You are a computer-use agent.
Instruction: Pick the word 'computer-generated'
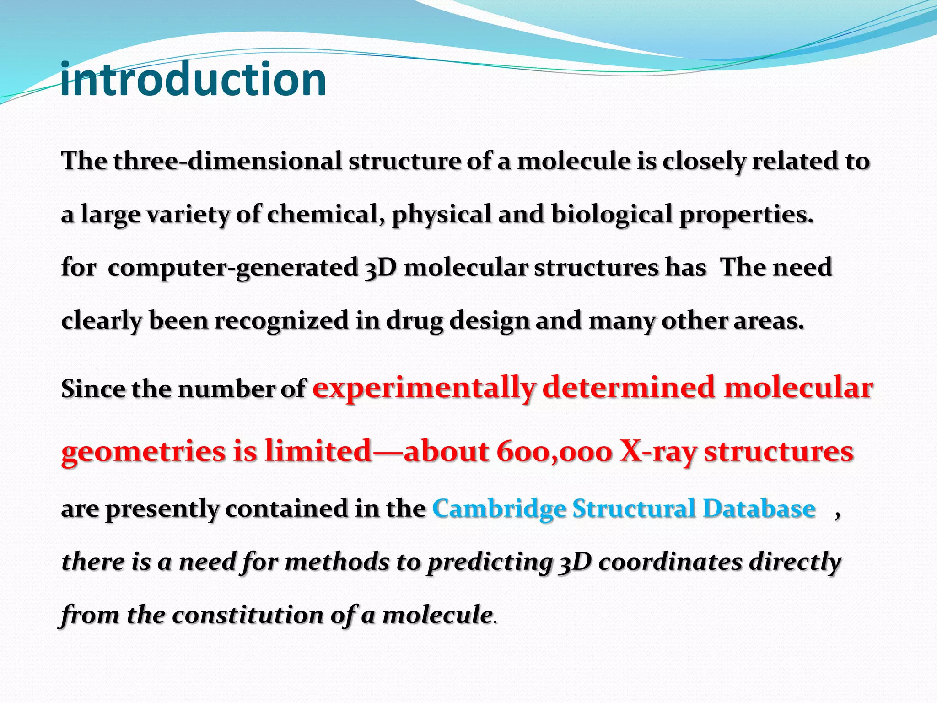[x=233, y=268]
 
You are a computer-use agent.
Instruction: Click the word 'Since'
[x=93, y=389]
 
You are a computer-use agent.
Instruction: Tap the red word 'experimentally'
[x=424, y=388]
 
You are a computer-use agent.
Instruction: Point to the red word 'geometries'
[x=144, y=452]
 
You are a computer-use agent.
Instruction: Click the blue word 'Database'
[x=759, y=508]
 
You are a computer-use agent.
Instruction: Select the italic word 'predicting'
[x=490, y=562]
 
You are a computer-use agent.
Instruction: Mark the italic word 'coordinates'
[x=670, y=562]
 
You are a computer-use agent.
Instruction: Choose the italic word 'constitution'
[x=248, y=615]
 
